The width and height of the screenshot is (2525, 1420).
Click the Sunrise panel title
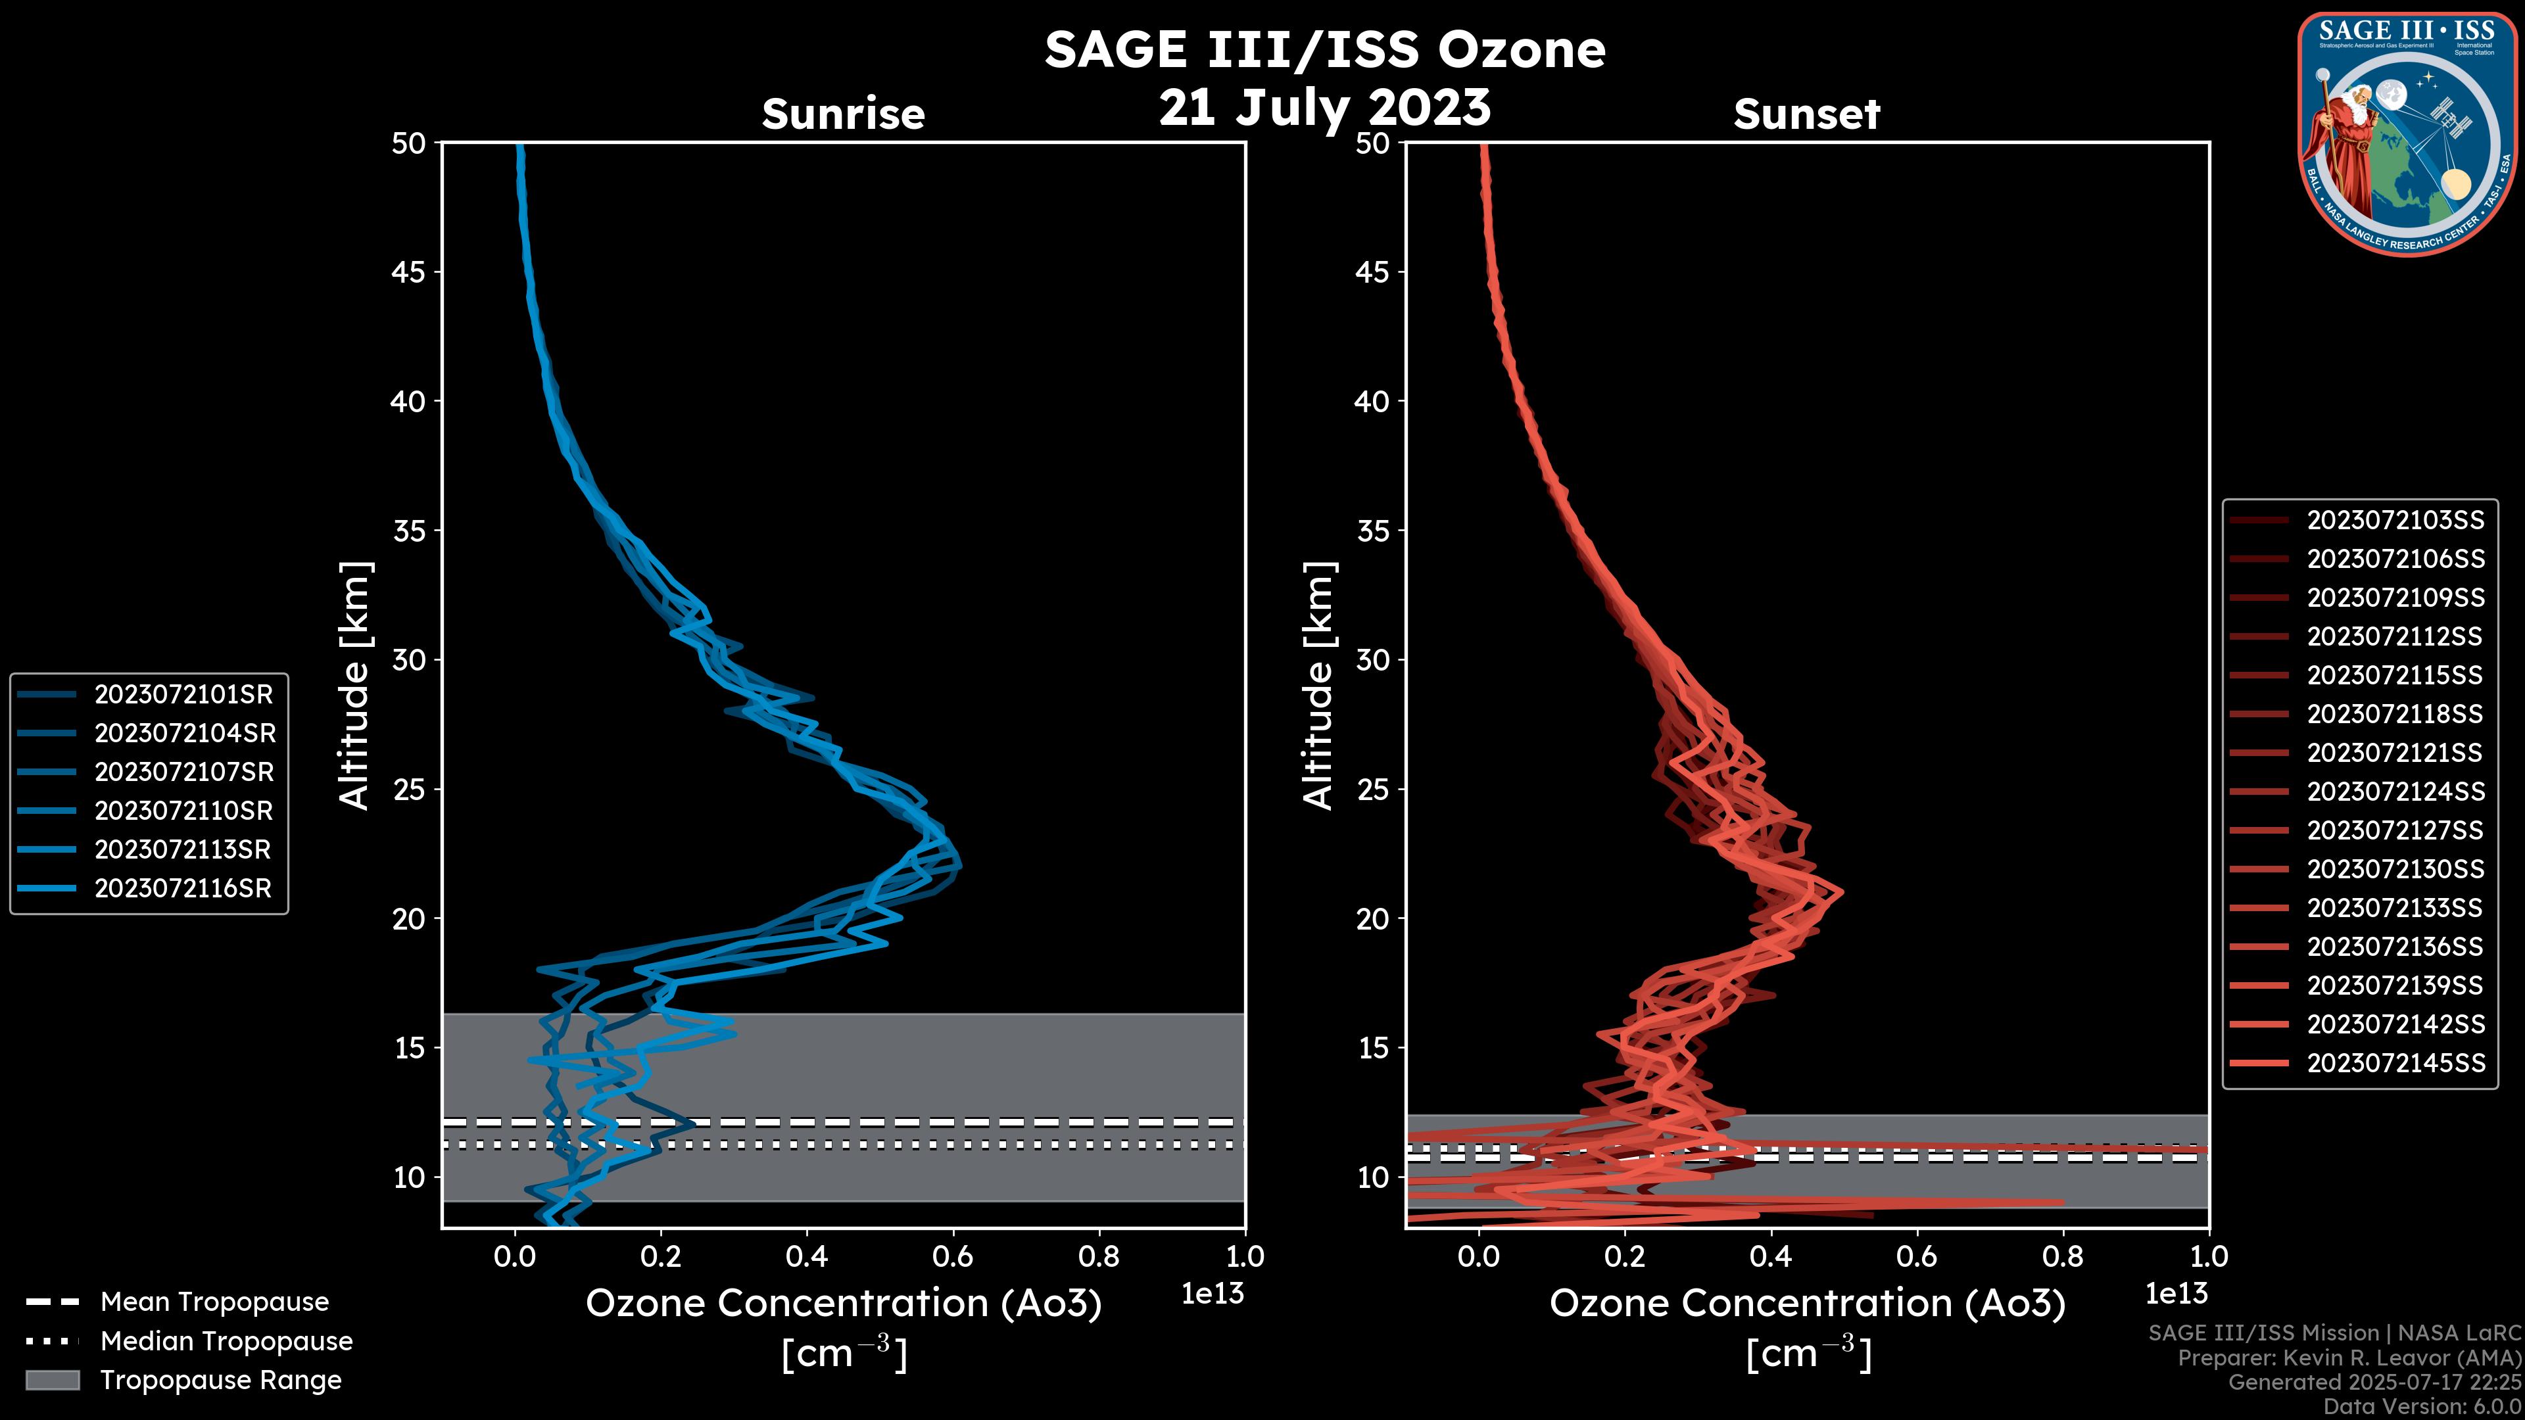(x=843, y=114)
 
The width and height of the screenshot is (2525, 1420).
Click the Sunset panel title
(x=1806, y=114)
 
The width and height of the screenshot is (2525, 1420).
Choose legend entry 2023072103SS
(x=2395, y=521)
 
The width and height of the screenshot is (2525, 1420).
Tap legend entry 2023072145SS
(x=2395, y=1063)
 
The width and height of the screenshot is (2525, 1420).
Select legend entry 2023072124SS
(x=2395, y=792)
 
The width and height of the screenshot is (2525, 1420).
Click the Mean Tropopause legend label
(x=214, y=1302)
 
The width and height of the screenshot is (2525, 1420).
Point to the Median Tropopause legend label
(x=226, y=1342)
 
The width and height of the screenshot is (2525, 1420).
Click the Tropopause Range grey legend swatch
(x=52, y=1381)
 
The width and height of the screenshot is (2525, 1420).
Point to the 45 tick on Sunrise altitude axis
(x=409, y=272)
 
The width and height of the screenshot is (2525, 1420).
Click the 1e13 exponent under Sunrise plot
(x=1213, y=1294)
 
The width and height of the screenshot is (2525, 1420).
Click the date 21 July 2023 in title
(x=1325, y=108)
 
